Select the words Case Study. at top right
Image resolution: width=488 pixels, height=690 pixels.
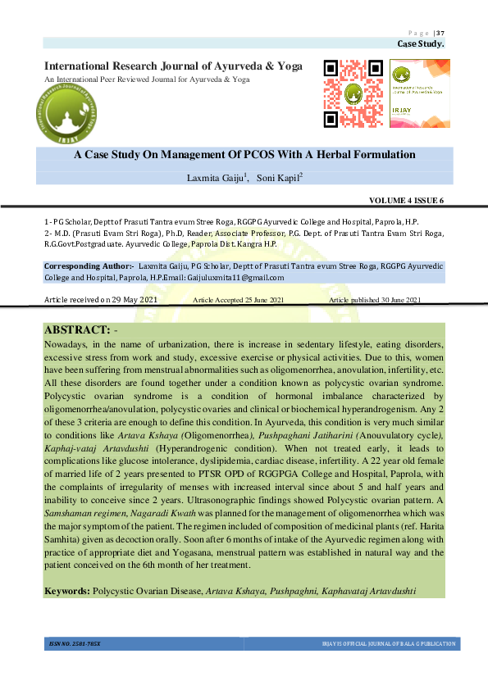pos(421,43)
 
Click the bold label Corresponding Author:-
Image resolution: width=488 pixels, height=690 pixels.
pos(89,266)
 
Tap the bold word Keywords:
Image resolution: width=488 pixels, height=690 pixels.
pos(67,590)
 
